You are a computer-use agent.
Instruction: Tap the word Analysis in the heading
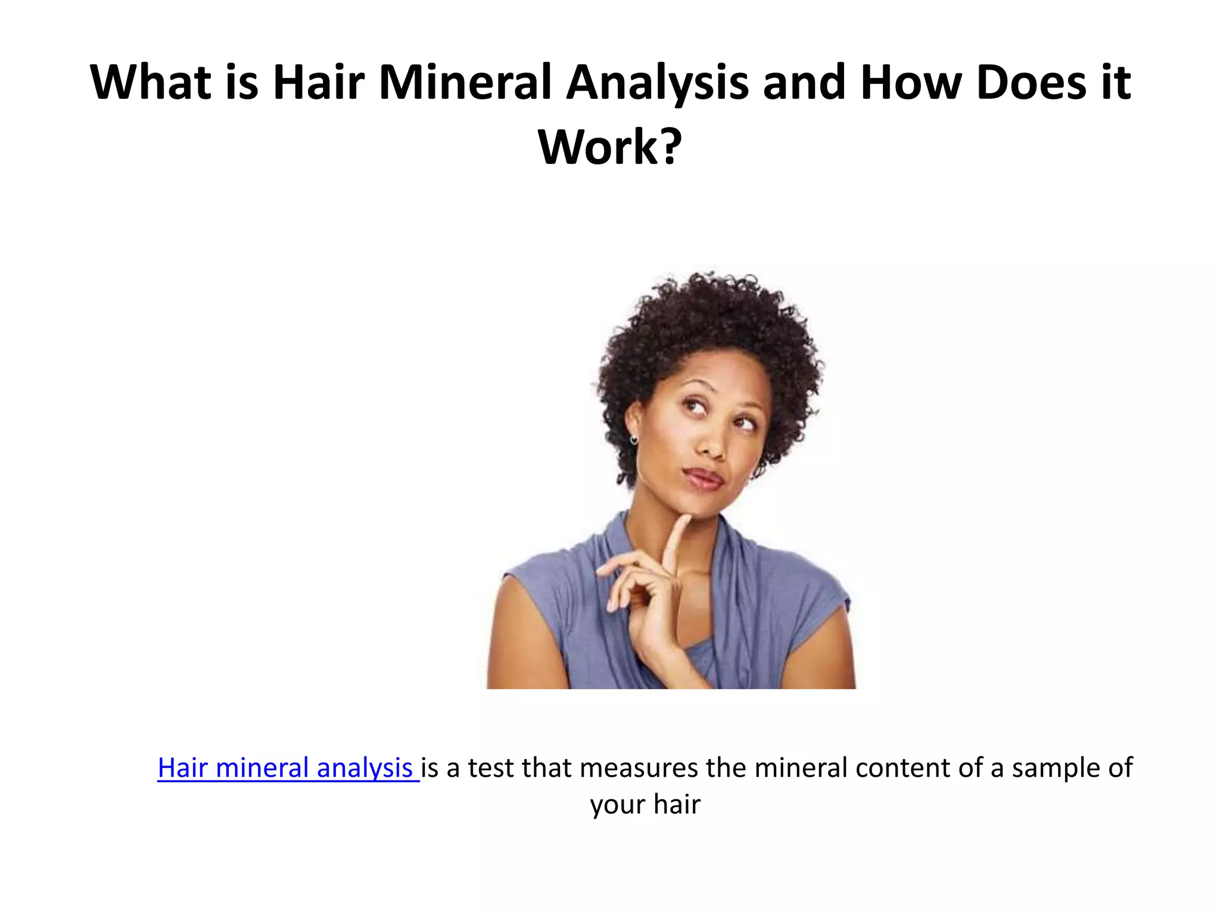click(x=657, y=83)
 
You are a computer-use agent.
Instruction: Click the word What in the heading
click(x=150, y=83)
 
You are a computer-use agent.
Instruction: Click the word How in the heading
click(x=911, y=83)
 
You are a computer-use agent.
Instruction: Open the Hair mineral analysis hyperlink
click(x=285, y=768)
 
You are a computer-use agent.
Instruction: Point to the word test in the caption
click(x=490, y=768)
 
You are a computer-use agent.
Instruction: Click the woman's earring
click(x=633, y=440)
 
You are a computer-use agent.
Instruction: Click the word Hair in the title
click(x=318, y=83)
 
